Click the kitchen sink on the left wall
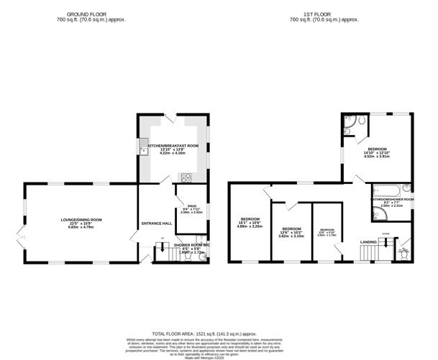143,150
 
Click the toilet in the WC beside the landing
403,252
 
